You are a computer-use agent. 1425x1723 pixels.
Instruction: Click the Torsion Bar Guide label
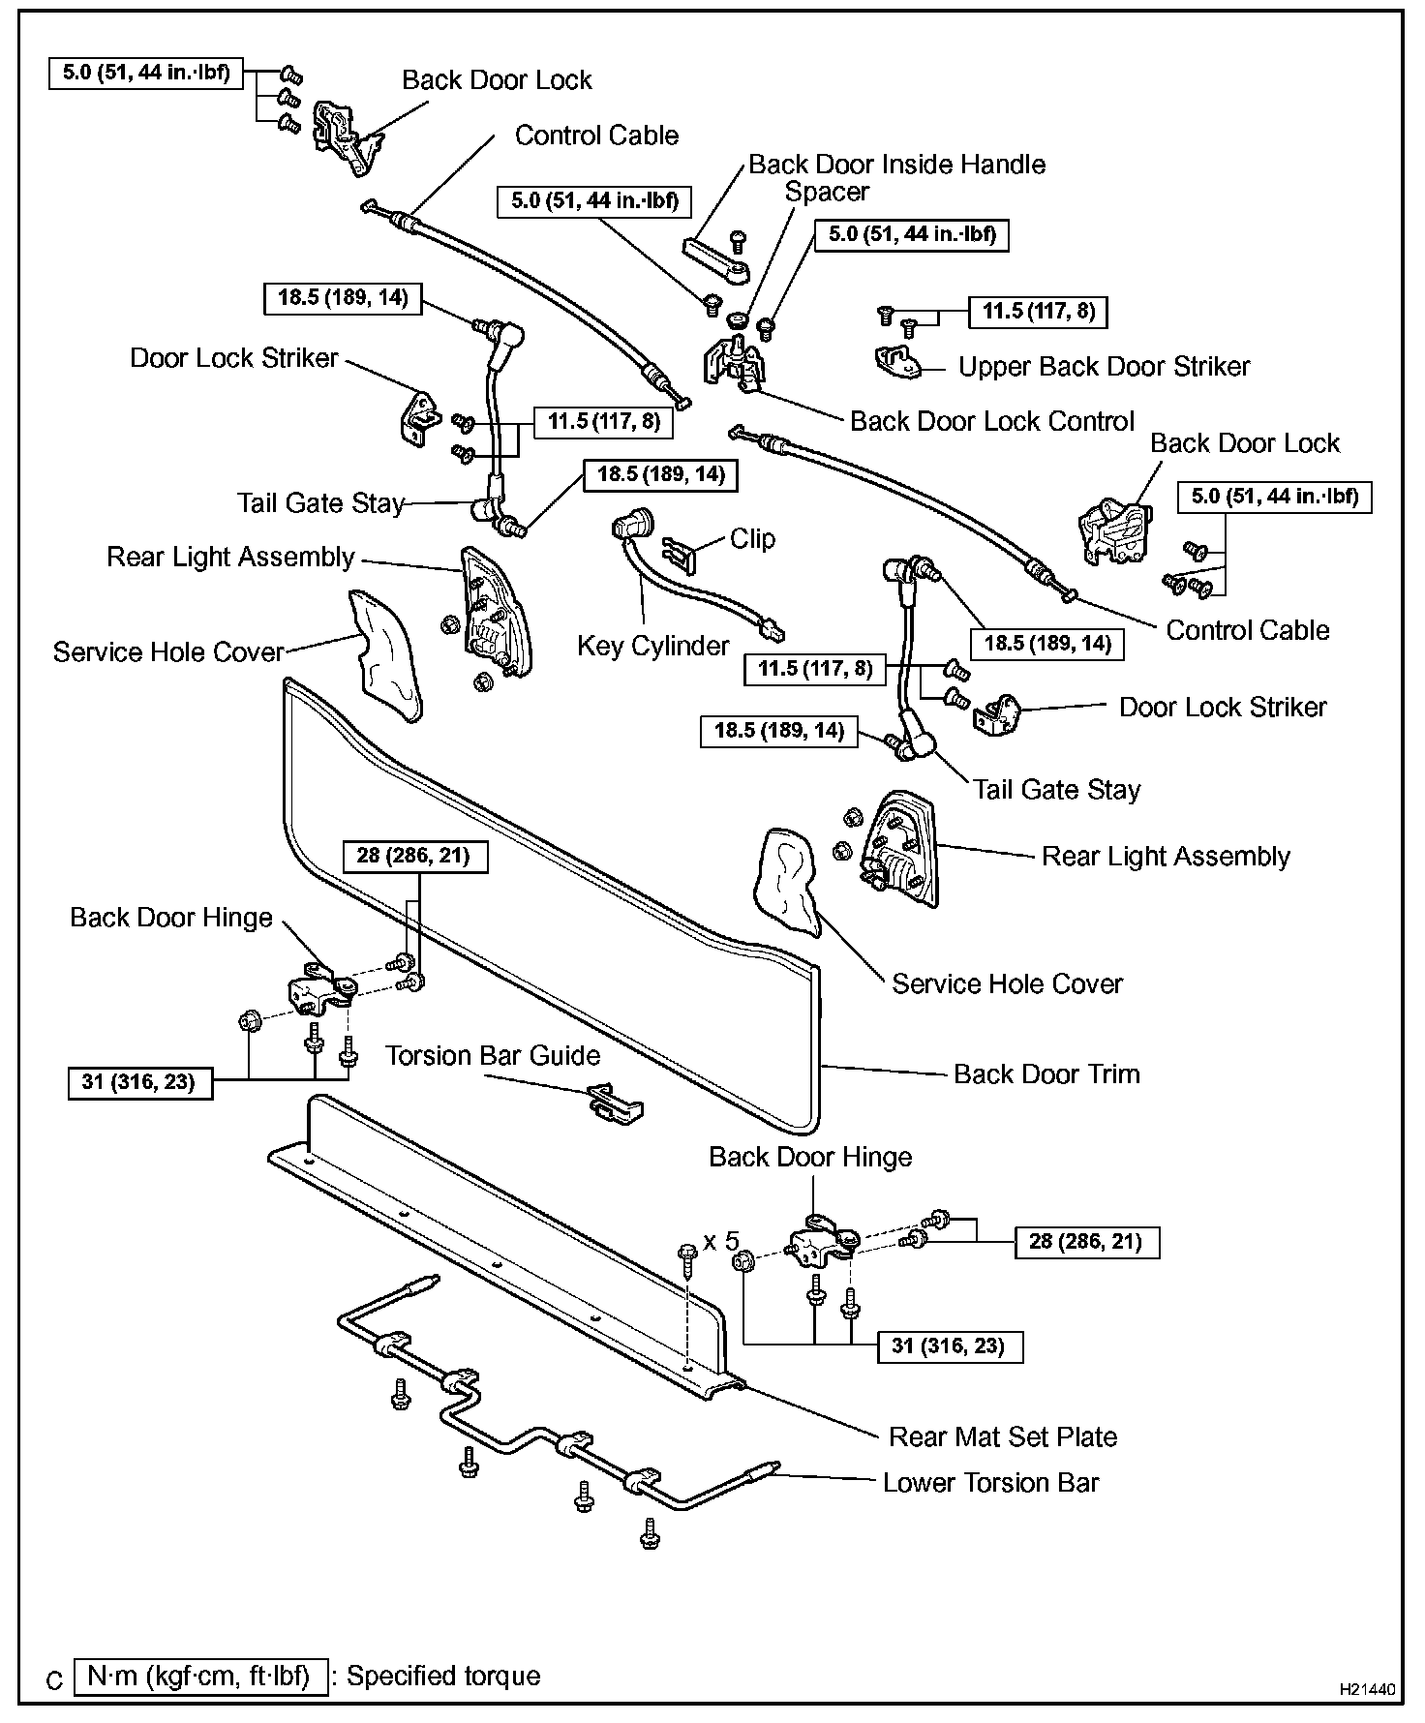point(493,1055)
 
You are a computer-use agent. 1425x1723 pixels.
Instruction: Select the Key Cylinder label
point(652,646)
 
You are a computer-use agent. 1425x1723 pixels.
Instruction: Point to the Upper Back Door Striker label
point(1104,367)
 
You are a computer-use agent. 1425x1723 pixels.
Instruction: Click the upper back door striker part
point(899,360)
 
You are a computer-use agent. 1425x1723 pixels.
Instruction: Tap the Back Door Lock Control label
point(991,421)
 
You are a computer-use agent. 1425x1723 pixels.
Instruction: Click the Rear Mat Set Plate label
point(1002,1436)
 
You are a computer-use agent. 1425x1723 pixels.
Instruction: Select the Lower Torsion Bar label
point(990,1483)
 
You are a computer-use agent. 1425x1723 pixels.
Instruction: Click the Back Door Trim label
point(1046,1073)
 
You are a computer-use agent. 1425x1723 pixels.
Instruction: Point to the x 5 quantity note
point(720,1241)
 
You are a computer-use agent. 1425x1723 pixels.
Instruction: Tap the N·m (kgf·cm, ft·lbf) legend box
point(199,1676)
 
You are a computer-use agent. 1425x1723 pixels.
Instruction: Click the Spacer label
point(827,192)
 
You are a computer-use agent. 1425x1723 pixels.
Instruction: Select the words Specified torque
point(443,1676)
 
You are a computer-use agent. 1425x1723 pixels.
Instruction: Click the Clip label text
point(752,538)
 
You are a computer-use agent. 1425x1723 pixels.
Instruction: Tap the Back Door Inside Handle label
point(896,165)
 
